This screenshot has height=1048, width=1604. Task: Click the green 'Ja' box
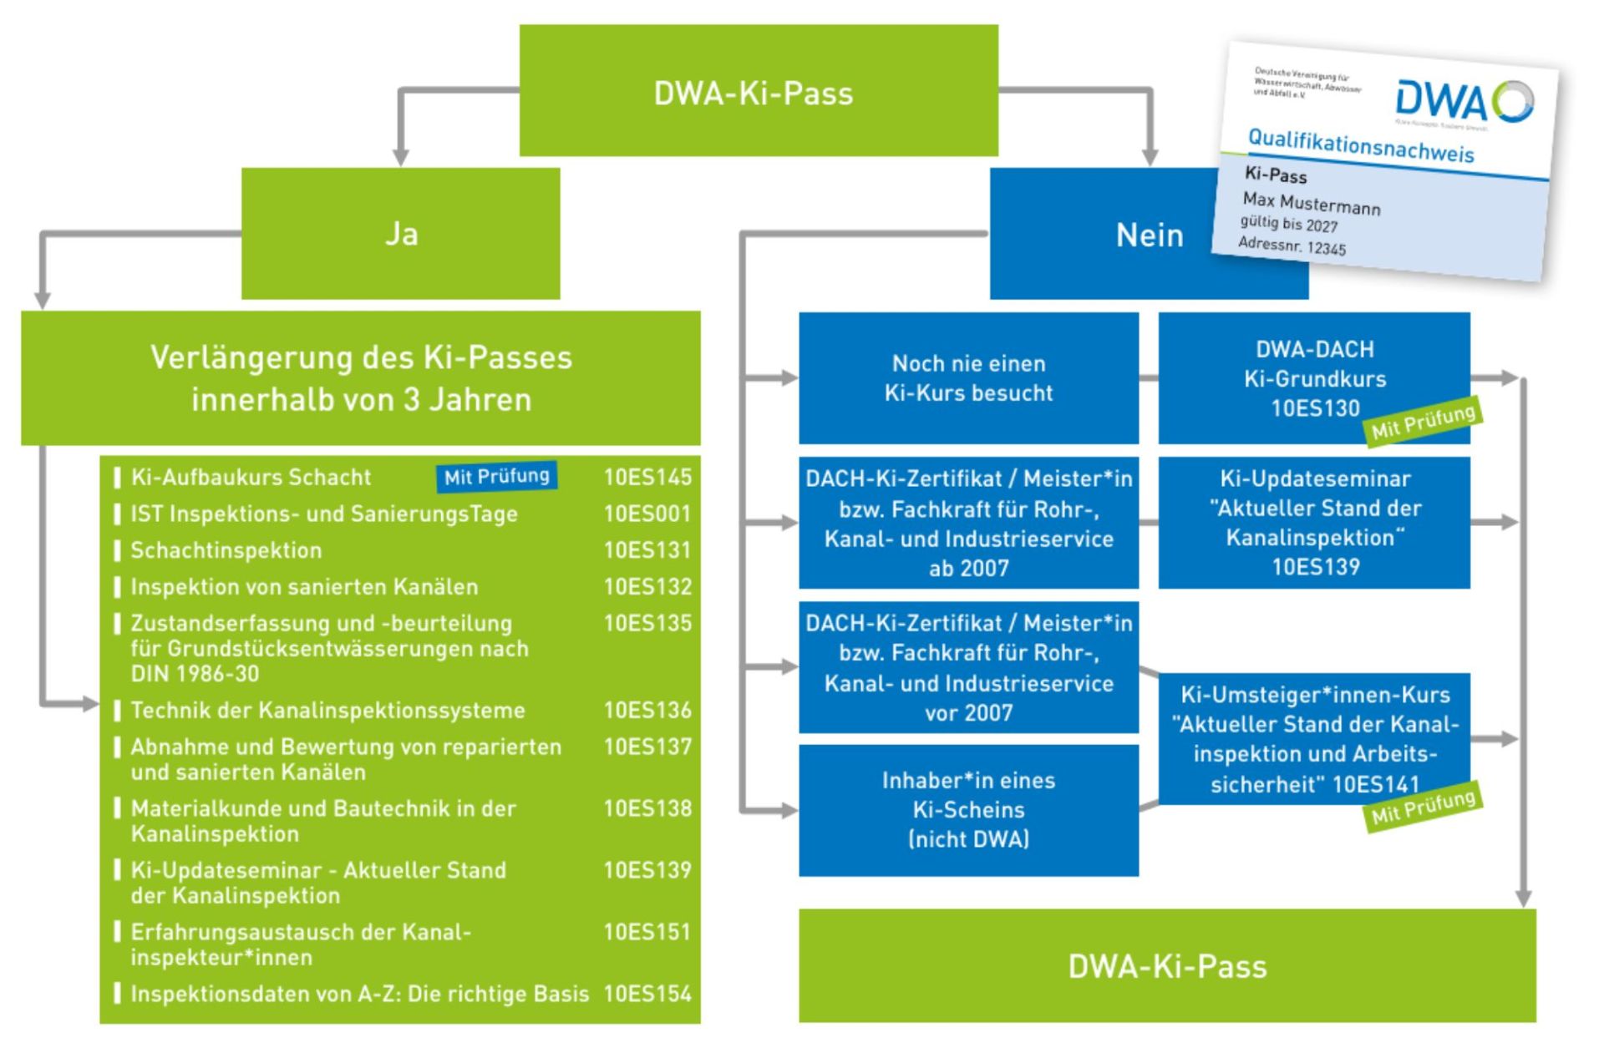(x=400, y=234)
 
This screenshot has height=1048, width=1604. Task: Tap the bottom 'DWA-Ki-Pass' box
(x=1166, y=966)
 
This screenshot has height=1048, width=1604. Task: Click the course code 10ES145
(x=647, y=477)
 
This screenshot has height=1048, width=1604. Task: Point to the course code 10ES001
(x=647, y=514)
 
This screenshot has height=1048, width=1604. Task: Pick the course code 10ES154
(x=647, y=994)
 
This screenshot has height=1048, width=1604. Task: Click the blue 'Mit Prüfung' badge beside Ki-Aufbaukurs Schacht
(x=496, y=477)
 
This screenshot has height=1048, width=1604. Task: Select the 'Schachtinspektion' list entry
(x=226, y=550)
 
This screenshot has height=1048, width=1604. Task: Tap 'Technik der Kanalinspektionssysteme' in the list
(x=327, y=710)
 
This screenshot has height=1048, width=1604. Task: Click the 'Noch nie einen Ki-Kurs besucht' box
(x=968, y=378)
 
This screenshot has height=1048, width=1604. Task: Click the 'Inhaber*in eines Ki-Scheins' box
(x=968, y=810)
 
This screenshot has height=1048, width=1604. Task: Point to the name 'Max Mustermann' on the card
(x=1311, y=203)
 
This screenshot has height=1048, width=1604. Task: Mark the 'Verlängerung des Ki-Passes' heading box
(x=360, y=378)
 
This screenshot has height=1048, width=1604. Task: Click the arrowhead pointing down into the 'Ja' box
(x=401, y=157)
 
